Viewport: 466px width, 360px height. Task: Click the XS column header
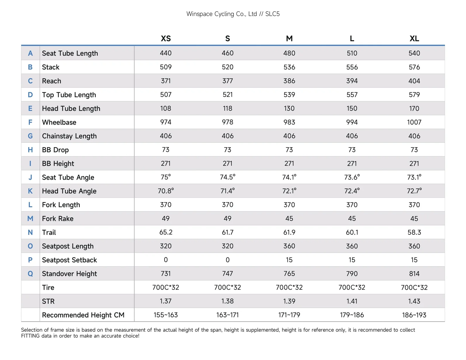pyautogui.click(x=165, y=38)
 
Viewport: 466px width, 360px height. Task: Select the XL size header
pyautogui.click(x=414, y=38)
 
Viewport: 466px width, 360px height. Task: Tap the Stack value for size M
pyautogui.click(x=289, y=67)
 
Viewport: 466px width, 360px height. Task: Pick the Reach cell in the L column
pyautogui.click(x=352, y=81)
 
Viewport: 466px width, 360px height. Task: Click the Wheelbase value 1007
pyautogui.click(x=414, y=122)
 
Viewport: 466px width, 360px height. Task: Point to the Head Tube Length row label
pyautogui.click(x=71, y=108)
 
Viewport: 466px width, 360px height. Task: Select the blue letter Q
pyautogui.click(x=30, y=273)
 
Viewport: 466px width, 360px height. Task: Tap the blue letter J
pyautogui.click(x=30, y=177)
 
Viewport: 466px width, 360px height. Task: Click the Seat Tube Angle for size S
pyautogui.click(x=227, y=177)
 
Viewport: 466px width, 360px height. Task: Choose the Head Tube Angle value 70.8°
pyautogui.click(x=165, y=191)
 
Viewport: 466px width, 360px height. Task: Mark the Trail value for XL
pyautogui.click(x=414, y=232)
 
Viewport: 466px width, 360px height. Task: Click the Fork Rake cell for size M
pyautogui.click(x=289, y=218)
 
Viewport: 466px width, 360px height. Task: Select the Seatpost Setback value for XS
pyautogui.click(x=165, y=260)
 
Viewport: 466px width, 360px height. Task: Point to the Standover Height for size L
pyautogui.click(x=352, y=273)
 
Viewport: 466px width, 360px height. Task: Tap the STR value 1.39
pyautogui.click(x=289, y=301)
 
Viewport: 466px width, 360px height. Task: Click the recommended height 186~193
pyautogui.click(x=414, y=315)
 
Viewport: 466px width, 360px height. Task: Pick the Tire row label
pyautogui.click(x=48, y=287)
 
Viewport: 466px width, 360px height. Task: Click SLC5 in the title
pyautogui.click(x=272, y=14)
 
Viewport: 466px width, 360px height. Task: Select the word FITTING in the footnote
pyautogui.click(x=30, y=336)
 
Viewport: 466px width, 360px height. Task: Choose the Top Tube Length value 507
pyautogui.click(x=165, y=95)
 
